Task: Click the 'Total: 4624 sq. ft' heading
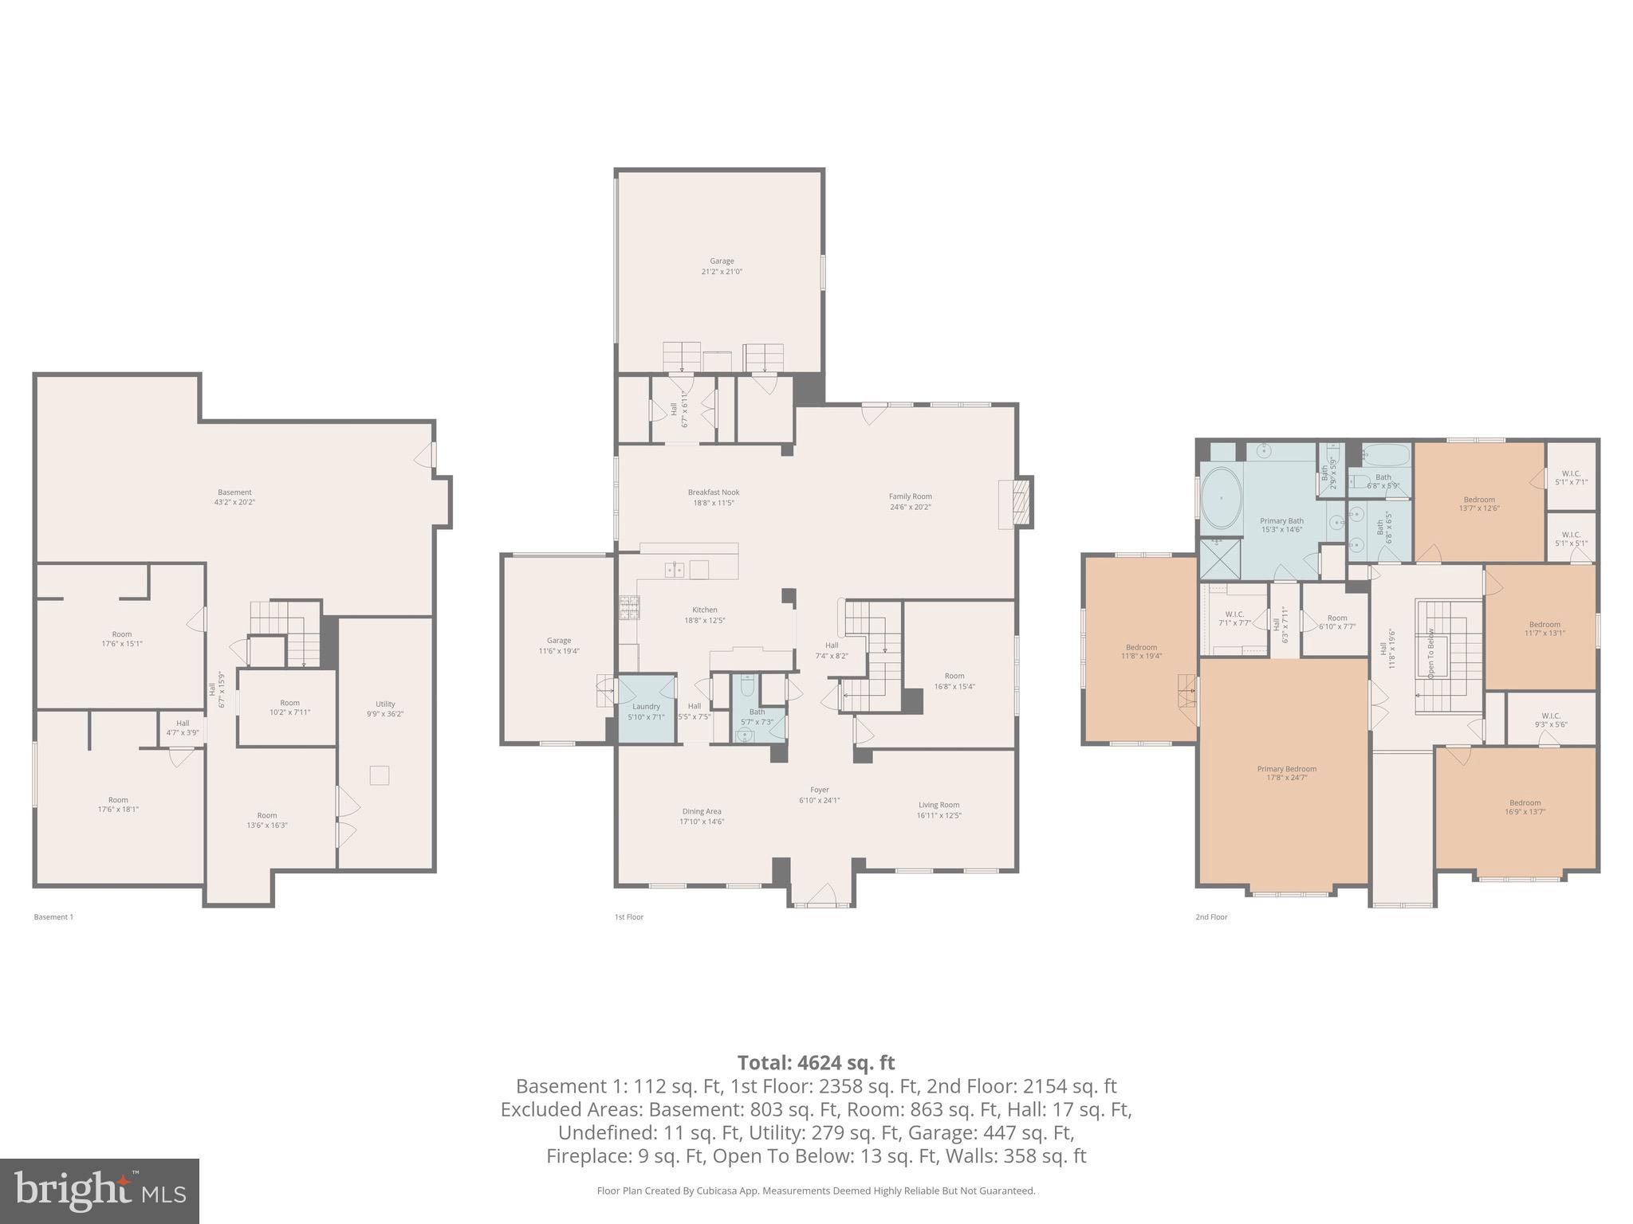point(816,1062)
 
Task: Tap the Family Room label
point(910,496)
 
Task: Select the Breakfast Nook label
point(714,492)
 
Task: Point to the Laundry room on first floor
point(646,709)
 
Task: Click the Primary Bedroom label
point(1286,769)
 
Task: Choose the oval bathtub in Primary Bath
point(1221,498)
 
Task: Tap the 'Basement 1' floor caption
point(53,917)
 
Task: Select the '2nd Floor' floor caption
point(1211,917)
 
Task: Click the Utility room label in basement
point(385,704)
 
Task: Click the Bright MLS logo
point(100,1191)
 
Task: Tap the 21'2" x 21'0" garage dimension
point(722,272)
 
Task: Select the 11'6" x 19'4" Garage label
point(558,645)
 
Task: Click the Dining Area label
point(702,811)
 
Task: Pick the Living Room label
point(938,805)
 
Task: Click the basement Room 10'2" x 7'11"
point(289,708)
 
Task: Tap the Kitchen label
point(704,610)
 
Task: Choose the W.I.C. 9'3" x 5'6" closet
point(1551,720)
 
